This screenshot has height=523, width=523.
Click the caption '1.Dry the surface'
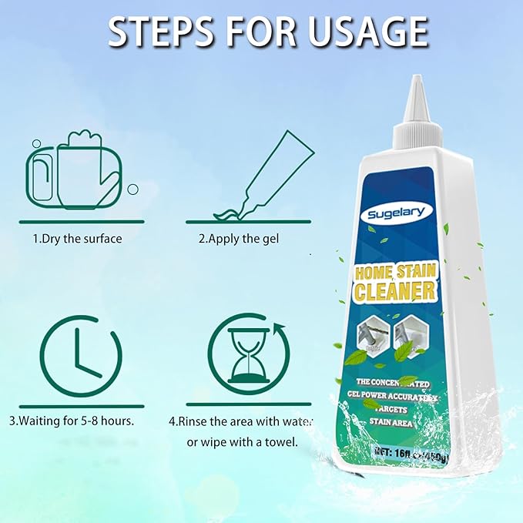(x=77, y=239)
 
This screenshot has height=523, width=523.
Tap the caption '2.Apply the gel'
(x=239, y=239)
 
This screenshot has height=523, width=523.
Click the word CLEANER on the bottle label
(x=395, y=292)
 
